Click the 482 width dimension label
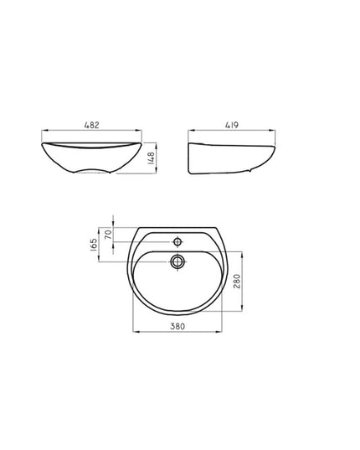[x=92, y=125]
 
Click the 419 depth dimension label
[x=232, y=125]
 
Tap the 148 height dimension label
[x=151, y=158]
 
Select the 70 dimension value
[x=108, y=235]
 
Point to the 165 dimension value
[x=94, y=245]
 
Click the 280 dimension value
[x=237, y=282]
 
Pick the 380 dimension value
[x=177, y=326]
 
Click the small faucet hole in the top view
[x=177, y=241]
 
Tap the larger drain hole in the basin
[x=177, y=261]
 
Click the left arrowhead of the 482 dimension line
[x=44, y=131]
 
